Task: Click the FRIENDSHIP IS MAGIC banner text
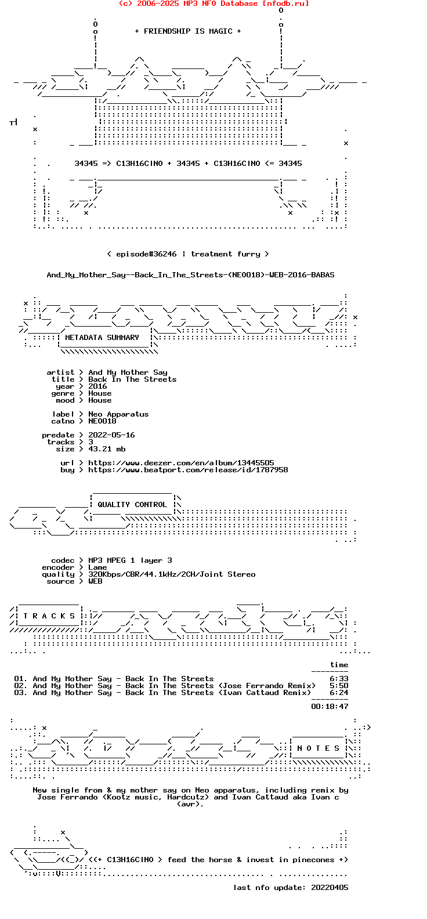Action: point(188,31)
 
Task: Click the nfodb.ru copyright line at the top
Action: point(213,3)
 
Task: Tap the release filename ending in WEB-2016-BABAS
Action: point(190,275)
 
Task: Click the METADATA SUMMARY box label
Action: point(102,338)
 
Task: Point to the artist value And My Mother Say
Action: point(128,372)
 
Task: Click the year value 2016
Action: point(97,386)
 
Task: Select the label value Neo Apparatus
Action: point(118,414)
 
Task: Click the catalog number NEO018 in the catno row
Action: point(102,421)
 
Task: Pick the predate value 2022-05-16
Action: point(111,435)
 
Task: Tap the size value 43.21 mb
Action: point(107,449)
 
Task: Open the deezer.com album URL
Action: point(181,463)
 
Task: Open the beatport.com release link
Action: point(188,470)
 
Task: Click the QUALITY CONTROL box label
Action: point(132,505)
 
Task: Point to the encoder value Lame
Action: point(97,567)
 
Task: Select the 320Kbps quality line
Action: point(172,574)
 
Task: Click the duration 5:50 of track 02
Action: point(339,686)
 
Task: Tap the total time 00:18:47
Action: point(330,707)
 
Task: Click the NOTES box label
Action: point(318,748)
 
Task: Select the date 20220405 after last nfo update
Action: point(330,888)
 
